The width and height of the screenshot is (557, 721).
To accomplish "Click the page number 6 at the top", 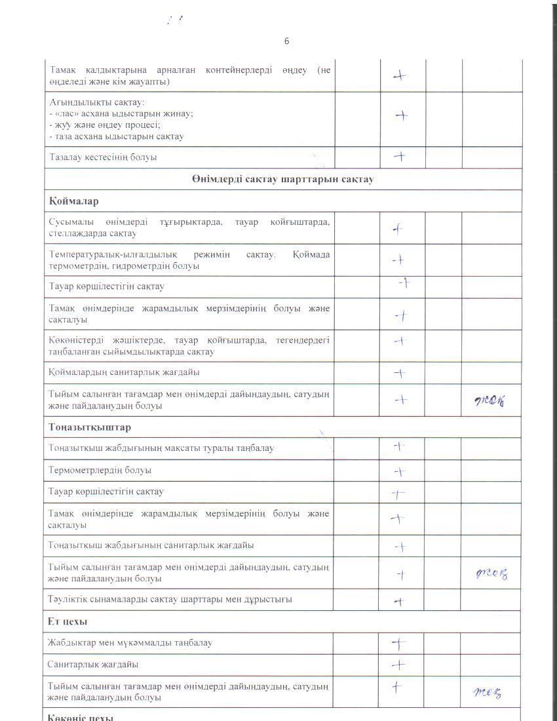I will click(286, 41).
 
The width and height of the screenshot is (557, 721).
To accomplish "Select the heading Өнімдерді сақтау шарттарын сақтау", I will click(282, 179).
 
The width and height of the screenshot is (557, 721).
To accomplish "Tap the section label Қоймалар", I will click(73, 201).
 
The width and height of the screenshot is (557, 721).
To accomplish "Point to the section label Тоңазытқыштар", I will click(90, 427).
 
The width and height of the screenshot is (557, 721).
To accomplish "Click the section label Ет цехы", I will click(67, 621).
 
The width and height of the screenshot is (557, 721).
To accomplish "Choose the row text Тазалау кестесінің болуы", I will click(104, 157).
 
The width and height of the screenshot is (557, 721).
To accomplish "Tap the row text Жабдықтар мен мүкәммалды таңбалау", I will click(130, 642).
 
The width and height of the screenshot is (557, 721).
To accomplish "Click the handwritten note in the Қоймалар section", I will click(490, 401).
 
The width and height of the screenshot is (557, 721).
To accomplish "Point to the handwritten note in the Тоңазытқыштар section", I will click(492, 574).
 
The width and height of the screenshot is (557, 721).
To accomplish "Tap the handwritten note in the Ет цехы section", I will click(488, 692).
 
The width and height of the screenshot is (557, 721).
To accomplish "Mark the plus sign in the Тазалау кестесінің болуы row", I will click(398, 157).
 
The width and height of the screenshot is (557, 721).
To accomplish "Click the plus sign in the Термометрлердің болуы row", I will click(400, 471).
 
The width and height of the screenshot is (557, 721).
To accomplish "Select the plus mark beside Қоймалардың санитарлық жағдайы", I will click(400, 373).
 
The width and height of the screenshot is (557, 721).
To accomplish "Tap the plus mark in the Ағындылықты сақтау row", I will click(401, 116).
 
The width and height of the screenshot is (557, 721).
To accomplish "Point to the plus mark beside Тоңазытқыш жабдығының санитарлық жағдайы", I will click(400, 547).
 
